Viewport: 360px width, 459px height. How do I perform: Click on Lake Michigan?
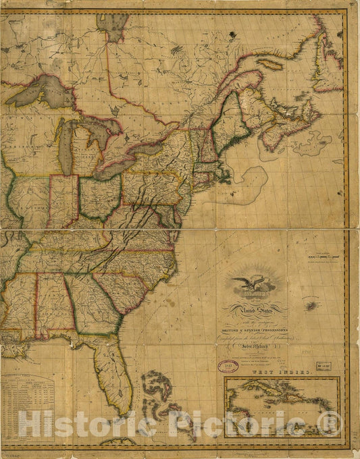coord(66,145)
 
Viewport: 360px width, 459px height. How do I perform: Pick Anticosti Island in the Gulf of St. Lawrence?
coord(269,64)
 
